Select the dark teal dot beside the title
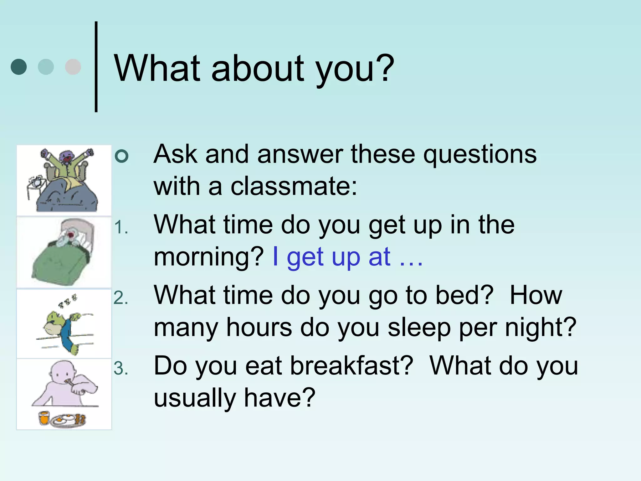coord(18,67)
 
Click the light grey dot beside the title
coord(73,67)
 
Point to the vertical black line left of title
coord(96,67)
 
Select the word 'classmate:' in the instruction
coord(294,187)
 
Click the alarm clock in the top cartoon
coord(35,181)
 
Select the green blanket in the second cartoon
coord(59,263)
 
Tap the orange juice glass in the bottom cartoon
coord(44,418)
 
